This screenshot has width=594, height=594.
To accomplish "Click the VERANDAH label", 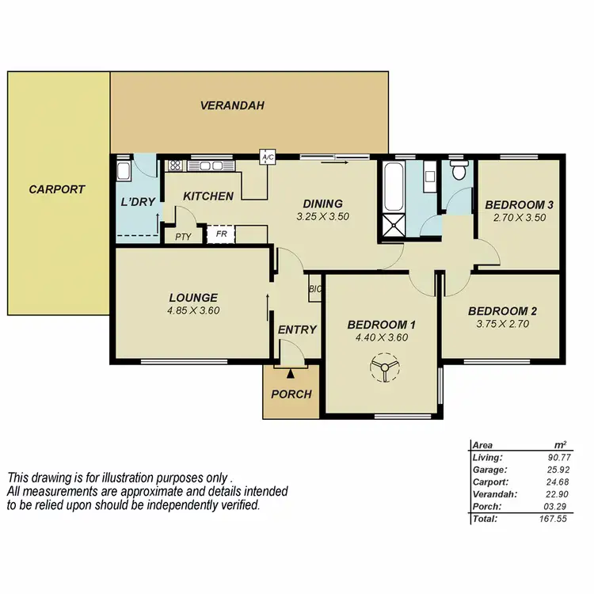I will pos(232,105).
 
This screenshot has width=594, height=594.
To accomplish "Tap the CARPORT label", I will pos(56,189).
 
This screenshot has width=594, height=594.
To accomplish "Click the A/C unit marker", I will pos(267,158).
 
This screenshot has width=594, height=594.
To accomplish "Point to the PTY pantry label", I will pos(183,236).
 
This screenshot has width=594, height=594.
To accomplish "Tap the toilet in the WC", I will pos(457,170).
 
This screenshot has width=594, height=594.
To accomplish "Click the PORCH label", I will pos(291,394).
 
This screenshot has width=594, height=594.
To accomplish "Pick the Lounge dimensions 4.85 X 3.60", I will pos(193,310).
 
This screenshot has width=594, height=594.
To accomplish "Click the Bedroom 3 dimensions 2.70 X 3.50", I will pos(519,218).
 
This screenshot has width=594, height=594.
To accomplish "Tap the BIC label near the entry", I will pos(314,290).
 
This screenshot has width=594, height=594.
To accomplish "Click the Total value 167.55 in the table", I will pos(546,519).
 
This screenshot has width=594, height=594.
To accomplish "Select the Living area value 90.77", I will pos(548,457).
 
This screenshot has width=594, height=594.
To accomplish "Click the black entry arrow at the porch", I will pos(291,373).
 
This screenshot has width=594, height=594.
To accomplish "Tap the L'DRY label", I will pos(137,203).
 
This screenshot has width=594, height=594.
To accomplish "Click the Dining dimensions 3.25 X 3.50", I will pos(322,216).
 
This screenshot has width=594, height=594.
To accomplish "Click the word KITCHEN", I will pos(208,196).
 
